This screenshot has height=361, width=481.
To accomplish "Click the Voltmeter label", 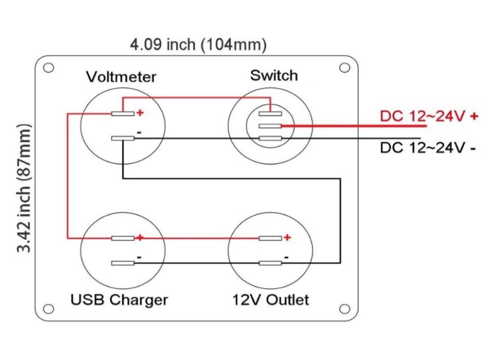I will [121, 77].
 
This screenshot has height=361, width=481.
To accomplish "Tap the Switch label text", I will [274, 75].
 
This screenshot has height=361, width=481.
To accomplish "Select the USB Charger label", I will [119, 299].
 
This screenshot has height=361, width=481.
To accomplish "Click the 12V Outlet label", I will [270, 299].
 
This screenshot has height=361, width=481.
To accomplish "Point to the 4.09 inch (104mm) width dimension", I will [198, 45].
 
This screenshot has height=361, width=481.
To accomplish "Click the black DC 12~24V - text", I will [428, 148].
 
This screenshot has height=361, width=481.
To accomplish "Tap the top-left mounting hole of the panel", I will [49, 68].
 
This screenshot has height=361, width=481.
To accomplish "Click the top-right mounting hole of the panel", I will [345, 68].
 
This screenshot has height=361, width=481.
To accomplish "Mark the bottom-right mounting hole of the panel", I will [345, 309].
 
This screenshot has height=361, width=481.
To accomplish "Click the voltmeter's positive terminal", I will [123, 113].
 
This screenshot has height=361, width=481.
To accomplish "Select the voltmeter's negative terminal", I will [123, 139].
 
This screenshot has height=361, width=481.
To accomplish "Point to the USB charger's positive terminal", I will [123, 238].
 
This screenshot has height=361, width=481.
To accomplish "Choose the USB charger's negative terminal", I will [123, 263].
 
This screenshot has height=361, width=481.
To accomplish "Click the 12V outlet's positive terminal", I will [270, 238].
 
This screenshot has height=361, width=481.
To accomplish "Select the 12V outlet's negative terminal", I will [270, 263].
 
